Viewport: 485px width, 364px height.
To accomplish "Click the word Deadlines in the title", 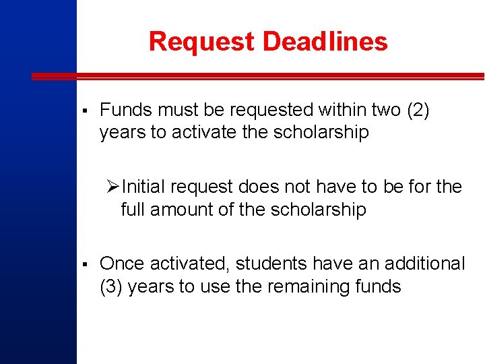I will pyautogui.click(x=325, y=41).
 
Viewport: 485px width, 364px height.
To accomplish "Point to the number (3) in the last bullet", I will pyautogui.click(x=110, y=286).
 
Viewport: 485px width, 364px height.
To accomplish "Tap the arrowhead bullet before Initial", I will pyautogui.click(x=112, y=186).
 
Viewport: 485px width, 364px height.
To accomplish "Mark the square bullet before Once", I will pyautogui.click(x=82, y=264).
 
